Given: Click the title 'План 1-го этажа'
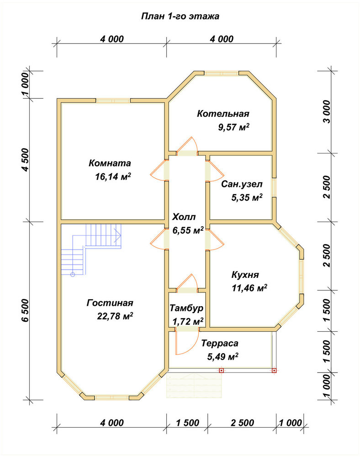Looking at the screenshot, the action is click(x=180, y=16).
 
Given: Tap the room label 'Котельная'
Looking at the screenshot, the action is click(x=223, y=113).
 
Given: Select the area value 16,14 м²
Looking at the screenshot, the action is click(x=113, y=176).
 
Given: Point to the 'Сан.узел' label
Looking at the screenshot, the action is click(x=242, y=184).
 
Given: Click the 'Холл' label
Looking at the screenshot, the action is click(x=184, y=217).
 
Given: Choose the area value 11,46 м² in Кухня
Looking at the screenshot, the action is click(x=249, y=288).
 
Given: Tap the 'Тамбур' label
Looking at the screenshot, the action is click(x=186, y=308).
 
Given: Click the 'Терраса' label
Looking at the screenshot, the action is click(x=220, y=343).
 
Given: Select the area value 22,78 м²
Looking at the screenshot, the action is click(x=115, y=316).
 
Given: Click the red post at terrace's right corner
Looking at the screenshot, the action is click(x=274, y=371).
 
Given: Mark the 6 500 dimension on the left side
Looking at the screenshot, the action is click(x=26, y=310).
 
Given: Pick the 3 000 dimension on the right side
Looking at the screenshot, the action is click(x=328, y=112).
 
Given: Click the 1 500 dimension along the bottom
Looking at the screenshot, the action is click(x=188, y=423).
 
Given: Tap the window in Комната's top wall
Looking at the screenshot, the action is click(x=113, y=101).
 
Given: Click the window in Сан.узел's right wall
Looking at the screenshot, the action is click(x=274, y=188).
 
